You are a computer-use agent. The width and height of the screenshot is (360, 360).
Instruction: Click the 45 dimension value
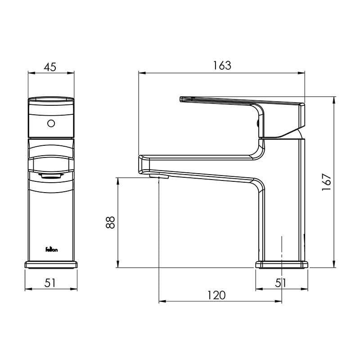click(50, 67)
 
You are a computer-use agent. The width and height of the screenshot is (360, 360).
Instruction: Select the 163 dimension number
click(222, 65)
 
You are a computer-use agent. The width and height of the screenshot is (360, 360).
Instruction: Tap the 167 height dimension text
click(327, 182)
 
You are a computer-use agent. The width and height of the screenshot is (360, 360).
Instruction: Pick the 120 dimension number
click(216, 295)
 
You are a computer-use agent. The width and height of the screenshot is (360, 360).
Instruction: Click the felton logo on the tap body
click(51, 249)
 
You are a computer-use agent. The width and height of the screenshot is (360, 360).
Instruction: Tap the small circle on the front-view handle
click(51, 123)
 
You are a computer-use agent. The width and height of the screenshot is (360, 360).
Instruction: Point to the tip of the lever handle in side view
click(182, 99)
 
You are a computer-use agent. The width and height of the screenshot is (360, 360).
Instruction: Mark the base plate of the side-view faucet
click(282, 265)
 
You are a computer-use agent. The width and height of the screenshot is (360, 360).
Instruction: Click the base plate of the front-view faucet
click(51, 265)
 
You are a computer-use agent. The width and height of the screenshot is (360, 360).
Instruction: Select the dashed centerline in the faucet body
click(282, 252)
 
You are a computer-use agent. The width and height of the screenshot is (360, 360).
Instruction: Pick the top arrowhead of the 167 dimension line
click(334, 99)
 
